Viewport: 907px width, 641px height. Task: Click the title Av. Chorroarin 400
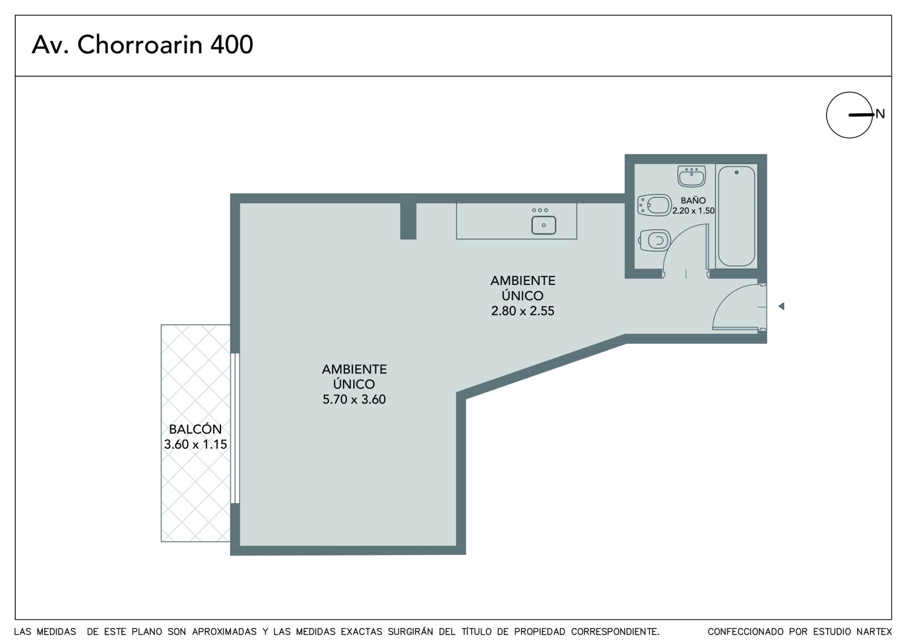click(x=142, y=45)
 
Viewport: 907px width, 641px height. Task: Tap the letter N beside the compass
click(x=880, y=114)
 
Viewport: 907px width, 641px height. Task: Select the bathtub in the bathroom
click(x=736, y=217)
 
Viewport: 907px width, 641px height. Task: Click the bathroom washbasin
click(x=692, y=176)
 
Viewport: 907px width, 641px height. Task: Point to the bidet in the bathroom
click(x=654, y=205)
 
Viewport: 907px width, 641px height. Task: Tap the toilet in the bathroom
click(x=654, y=240)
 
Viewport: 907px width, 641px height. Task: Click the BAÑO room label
click(x=693, y=201)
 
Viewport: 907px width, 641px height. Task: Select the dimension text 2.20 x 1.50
click(x=693, y=211)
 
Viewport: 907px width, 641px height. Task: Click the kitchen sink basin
click(x=544, y=225)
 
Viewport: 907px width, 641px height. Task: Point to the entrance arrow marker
click(x=782, y=306)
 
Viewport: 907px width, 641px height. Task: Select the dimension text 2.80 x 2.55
click(x=523, y=311)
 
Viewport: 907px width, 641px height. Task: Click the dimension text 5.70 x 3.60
click(x=354, y=400)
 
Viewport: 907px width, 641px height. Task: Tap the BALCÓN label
click(x=196, y=429)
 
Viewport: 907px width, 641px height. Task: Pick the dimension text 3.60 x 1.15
click(x=196, y=444)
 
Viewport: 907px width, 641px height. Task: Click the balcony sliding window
click(x=235, y=428)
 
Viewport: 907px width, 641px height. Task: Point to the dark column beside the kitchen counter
click(x=408, y=220)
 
